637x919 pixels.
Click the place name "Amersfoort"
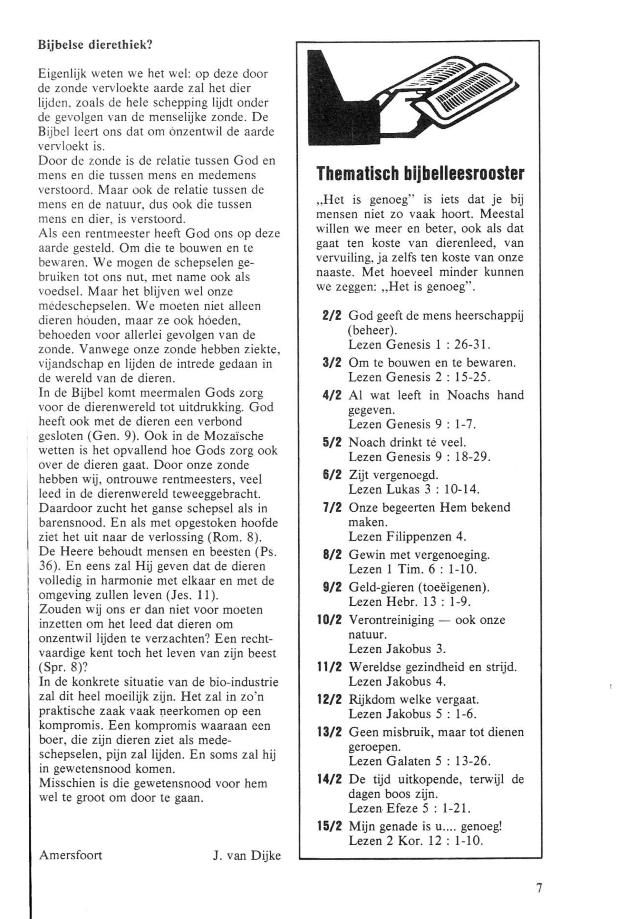[x=71, y=855]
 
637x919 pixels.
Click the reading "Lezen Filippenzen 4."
[x=407, y=537]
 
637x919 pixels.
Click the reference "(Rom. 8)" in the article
[x=231, y=537]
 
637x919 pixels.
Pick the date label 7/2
[x=332, y=508]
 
